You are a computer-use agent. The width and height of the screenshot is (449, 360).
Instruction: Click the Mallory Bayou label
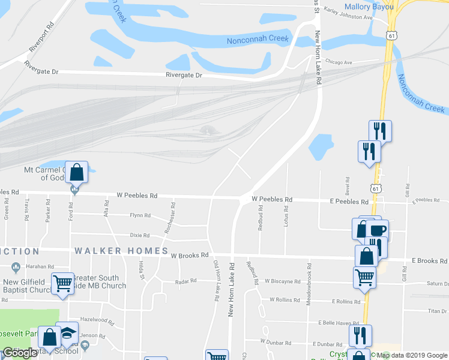point(369,7)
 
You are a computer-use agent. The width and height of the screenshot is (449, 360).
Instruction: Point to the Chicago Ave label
point(339,62)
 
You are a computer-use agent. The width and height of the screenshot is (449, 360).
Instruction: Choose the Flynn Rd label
point(140,215)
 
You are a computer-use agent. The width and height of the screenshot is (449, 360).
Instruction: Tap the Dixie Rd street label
point(139,235)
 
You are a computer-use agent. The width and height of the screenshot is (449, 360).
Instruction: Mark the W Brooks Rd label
point(189,256)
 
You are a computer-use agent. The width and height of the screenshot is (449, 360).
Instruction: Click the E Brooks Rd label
point(429,261)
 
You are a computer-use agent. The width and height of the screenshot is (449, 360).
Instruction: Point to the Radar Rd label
point(185,281)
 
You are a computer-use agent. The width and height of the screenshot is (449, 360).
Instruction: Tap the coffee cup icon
point(378,230)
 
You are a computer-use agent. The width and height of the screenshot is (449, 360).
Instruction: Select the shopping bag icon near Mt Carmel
point(77,172)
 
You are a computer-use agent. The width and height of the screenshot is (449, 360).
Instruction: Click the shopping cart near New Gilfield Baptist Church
point(62,283)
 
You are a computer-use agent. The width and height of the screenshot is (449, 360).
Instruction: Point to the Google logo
point(20,353)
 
